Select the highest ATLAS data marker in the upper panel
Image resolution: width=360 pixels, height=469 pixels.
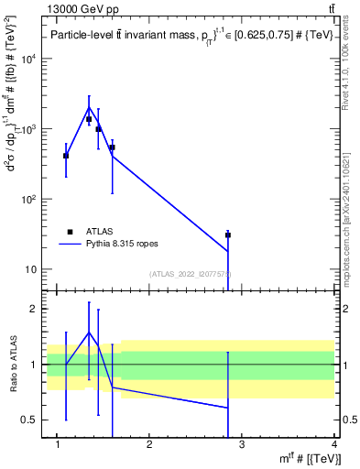(x=89, y=119)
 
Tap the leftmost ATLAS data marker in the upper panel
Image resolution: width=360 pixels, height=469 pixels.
(x=66, y=156)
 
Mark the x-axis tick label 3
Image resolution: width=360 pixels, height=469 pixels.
(x=241, y=446)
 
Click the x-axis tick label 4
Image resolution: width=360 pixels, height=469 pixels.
(x=333, y=446)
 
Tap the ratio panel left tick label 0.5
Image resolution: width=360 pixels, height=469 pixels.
(x=31, y=420)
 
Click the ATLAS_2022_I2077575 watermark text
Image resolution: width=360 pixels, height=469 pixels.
(x=190, y=274)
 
